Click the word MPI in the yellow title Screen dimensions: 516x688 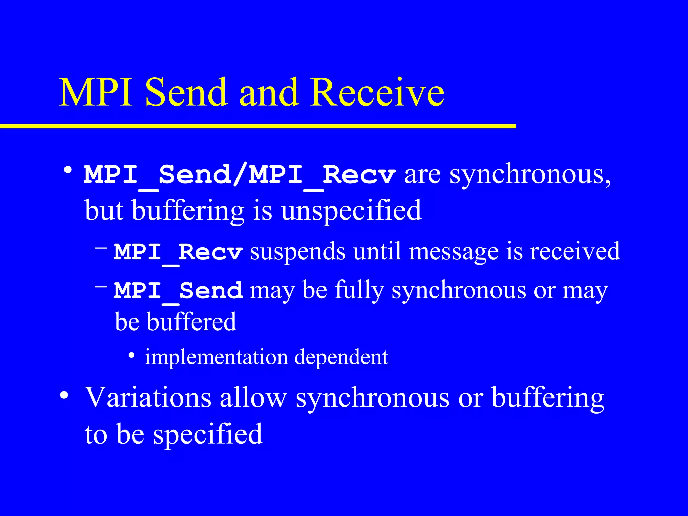96,93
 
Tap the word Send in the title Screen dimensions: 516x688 186,93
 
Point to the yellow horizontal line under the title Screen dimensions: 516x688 258,126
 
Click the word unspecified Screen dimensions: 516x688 351,211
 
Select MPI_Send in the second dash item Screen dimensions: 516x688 178,290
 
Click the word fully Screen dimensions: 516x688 359,290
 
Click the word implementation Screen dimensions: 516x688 216,357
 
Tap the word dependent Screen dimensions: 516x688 341,357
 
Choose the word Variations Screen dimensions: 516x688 148,398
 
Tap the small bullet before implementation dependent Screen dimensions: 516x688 132,356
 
